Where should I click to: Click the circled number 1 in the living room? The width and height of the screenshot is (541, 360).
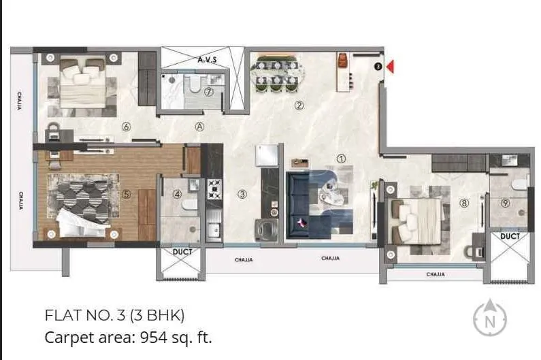point(341,159)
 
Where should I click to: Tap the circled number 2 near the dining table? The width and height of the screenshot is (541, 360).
point(298,105)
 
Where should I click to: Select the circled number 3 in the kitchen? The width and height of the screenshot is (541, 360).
point(242,194)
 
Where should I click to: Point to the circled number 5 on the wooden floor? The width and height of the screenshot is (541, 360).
point(126,193)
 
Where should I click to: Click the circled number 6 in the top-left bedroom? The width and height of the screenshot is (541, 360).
point(126,127)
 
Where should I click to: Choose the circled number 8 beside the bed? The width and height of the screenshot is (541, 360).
point(464,202)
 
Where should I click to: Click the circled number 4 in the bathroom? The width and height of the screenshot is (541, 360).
point(178,194)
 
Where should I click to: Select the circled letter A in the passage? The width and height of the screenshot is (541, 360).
point(199,126)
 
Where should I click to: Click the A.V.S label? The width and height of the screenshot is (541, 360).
point(207,60)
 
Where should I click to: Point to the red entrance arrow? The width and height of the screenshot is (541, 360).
point(391,67)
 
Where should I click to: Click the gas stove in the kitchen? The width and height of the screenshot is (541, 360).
point(214,188)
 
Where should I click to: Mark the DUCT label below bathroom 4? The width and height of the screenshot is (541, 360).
point(182,252)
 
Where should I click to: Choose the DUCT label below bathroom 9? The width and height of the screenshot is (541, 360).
point(510,236)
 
